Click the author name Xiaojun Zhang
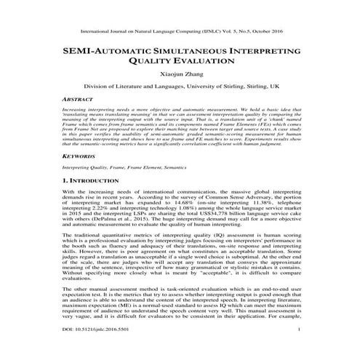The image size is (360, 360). point(180,73)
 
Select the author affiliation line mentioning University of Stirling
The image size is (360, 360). point(180,86)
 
